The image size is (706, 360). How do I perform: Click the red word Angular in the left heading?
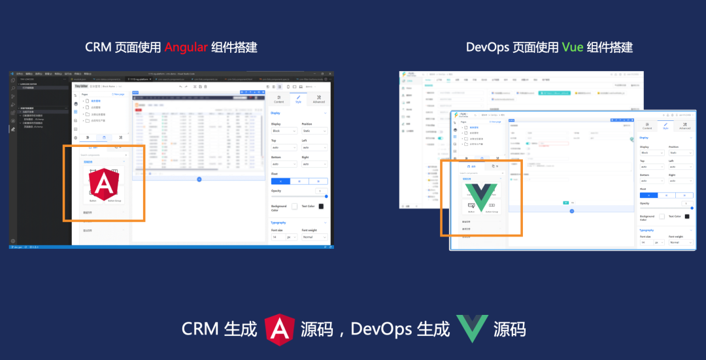click(x=186, y=48)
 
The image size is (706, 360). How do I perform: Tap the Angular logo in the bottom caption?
click(x=279, y=329)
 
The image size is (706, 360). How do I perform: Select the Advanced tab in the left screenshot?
click(x=318, y=99)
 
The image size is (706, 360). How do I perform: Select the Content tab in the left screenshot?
click(x=279, y=99)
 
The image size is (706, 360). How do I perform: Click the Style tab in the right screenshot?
click(x=665, y=126)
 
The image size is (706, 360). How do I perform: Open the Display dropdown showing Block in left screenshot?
click(x=284, y=131)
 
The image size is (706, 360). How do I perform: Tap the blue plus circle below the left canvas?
click(x=199, y=179)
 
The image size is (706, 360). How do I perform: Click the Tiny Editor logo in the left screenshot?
click(x=81, y=86)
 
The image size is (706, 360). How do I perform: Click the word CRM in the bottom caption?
click(x=200, y=329)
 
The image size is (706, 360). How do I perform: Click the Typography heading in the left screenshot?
click(x=279, y=222)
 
